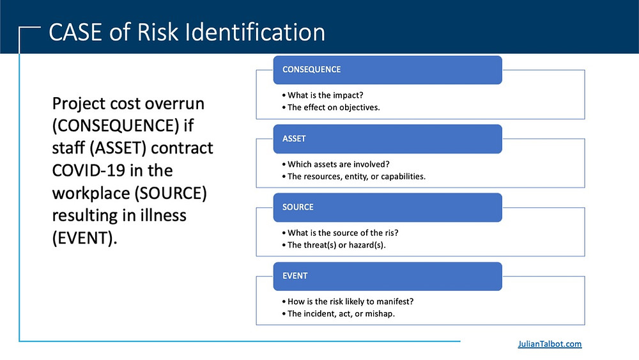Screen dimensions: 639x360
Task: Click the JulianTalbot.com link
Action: pos(550,343)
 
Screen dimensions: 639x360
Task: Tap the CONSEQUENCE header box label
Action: pos(311,69)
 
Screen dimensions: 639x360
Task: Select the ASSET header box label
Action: pos(294,139)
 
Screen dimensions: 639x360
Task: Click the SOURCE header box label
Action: pos(298,207)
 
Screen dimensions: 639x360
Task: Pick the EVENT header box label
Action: pos(295,276)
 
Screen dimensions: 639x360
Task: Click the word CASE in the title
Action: pos(75,32)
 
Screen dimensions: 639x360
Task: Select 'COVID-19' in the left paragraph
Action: pos(87,171)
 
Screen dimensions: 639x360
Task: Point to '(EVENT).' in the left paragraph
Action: pos(84,238)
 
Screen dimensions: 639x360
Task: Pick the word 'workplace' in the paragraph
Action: pos(91,193)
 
